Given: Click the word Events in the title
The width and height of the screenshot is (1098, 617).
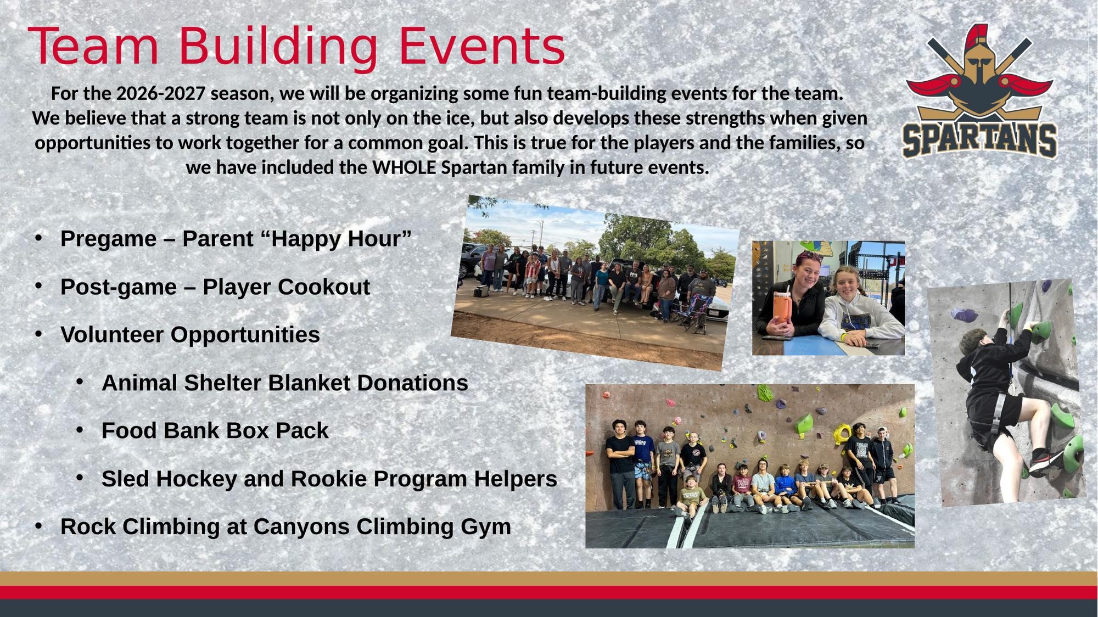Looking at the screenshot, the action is (x=481, y=46).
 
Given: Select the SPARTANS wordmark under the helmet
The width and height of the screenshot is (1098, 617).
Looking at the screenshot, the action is (x=980, y=140).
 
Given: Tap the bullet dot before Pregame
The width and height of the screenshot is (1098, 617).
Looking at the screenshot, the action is (x=38, y=237).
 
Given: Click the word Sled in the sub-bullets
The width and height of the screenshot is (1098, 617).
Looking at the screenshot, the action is (x=125, y=479).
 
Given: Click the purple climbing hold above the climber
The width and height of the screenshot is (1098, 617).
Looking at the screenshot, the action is (x=964, y=315).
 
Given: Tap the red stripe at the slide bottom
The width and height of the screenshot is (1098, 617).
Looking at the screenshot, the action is (x=549, y=592).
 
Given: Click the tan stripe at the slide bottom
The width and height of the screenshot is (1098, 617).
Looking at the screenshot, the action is (x=549, y=579).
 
